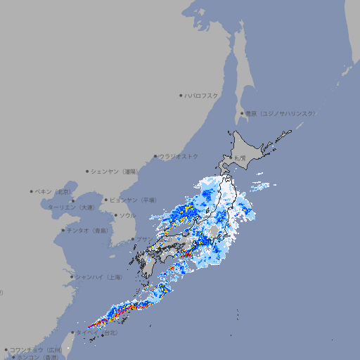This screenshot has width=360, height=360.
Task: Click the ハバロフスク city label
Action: tap(201, 95)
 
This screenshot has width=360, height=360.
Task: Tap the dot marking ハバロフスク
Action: tap(181, 95)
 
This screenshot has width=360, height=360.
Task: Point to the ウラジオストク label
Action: tap(179, 156)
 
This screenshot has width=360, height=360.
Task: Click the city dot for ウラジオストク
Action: tap(155, 157)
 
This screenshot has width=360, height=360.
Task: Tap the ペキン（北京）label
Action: tap(54, 191)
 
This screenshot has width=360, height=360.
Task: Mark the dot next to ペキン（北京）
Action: tap(32, 191)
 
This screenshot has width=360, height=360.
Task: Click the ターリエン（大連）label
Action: tap(71, 207)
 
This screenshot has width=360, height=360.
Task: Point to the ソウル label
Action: tap(127, 215)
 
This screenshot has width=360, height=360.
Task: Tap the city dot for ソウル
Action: tap(115, 216)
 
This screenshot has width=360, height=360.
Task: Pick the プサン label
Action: tap(143, 240)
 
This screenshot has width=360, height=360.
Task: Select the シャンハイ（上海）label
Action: tap(98, 277)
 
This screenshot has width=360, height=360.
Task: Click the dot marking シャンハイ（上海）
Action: tap(72, 277)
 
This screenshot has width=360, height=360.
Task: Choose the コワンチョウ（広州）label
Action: tap(36, 349)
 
